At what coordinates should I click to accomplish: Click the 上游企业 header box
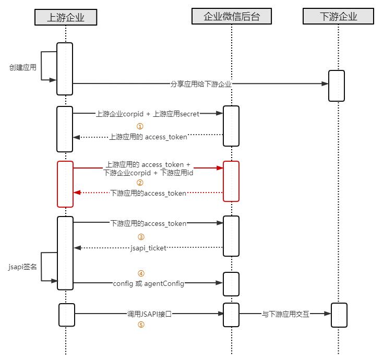point(66,17)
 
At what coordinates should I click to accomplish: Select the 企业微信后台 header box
point(231,17)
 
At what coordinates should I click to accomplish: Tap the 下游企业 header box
point(338,17)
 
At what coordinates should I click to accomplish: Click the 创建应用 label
point(23,67)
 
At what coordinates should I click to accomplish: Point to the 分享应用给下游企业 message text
point(201,83)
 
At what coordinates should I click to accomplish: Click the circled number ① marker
point(139,126)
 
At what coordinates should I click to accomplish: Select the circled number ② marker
point(139,183)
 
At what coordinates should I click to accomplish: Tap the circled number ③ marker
point(140,237)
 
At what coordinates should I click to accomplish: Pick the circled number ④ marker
point(140,273)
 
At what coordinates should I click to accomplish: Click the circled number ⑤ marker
point(140,325)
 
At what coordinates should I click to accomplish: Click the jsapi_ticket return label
point(148,248)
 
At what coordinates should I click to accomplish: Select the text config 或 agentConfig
point(148,283)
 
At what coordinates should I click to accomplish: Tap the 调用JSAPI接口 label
point(149,314)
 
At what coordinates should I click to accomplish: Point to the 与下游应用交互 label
point(285,314)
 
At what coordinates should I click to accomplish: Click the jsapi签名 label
point(23,267)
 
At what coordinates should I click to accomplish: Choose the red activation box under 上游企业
point(65,184)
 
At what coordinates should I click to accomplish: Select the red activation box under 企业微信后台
point(231,181)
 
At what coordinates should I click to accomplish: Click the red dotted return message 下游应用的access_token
point(149,193)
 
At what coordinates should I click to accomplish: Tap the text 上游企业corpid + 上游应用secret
point(148,113)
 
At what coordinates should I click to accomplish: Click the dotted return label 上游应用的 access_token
point(148,137)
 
